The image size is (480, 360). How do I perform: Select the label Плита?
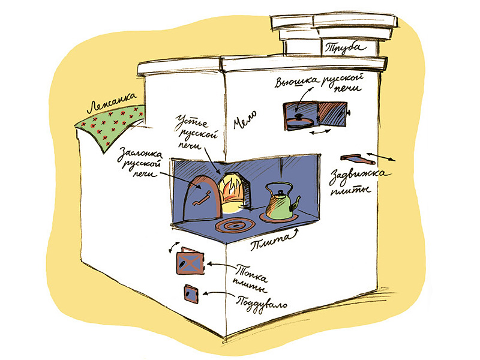point(268,242)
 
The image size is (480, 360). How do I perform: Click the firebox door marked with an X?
point(190,262)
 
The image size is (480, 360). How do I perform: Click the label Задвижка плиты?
point(350,181)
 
